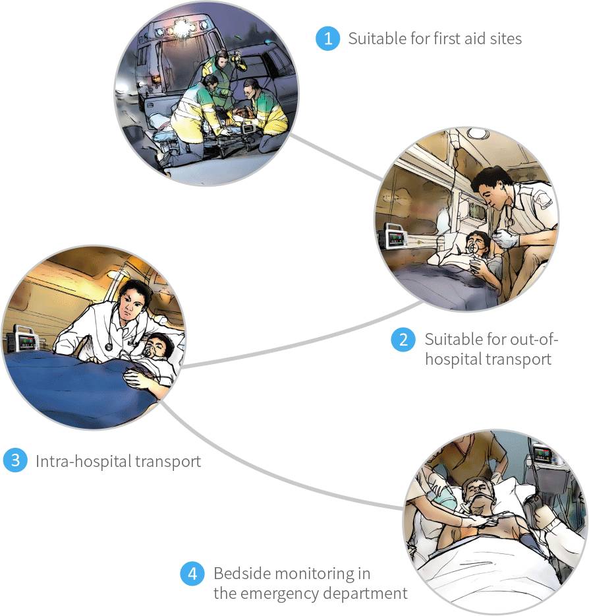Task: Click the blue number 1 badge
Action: click(x=327, y=38)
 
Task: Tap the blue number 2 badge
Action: click(x=403, y=340)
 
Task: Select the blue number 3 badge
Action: click(x=14, y=460)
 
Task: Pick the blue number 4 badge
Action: click(x=192, y=574)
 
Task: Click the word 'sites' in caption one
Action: click(x=503, y=39)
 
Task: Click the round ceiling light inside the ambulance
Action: click(x=477, y=133)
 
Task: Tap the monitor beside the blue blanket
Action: click(x=26, y=340)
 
